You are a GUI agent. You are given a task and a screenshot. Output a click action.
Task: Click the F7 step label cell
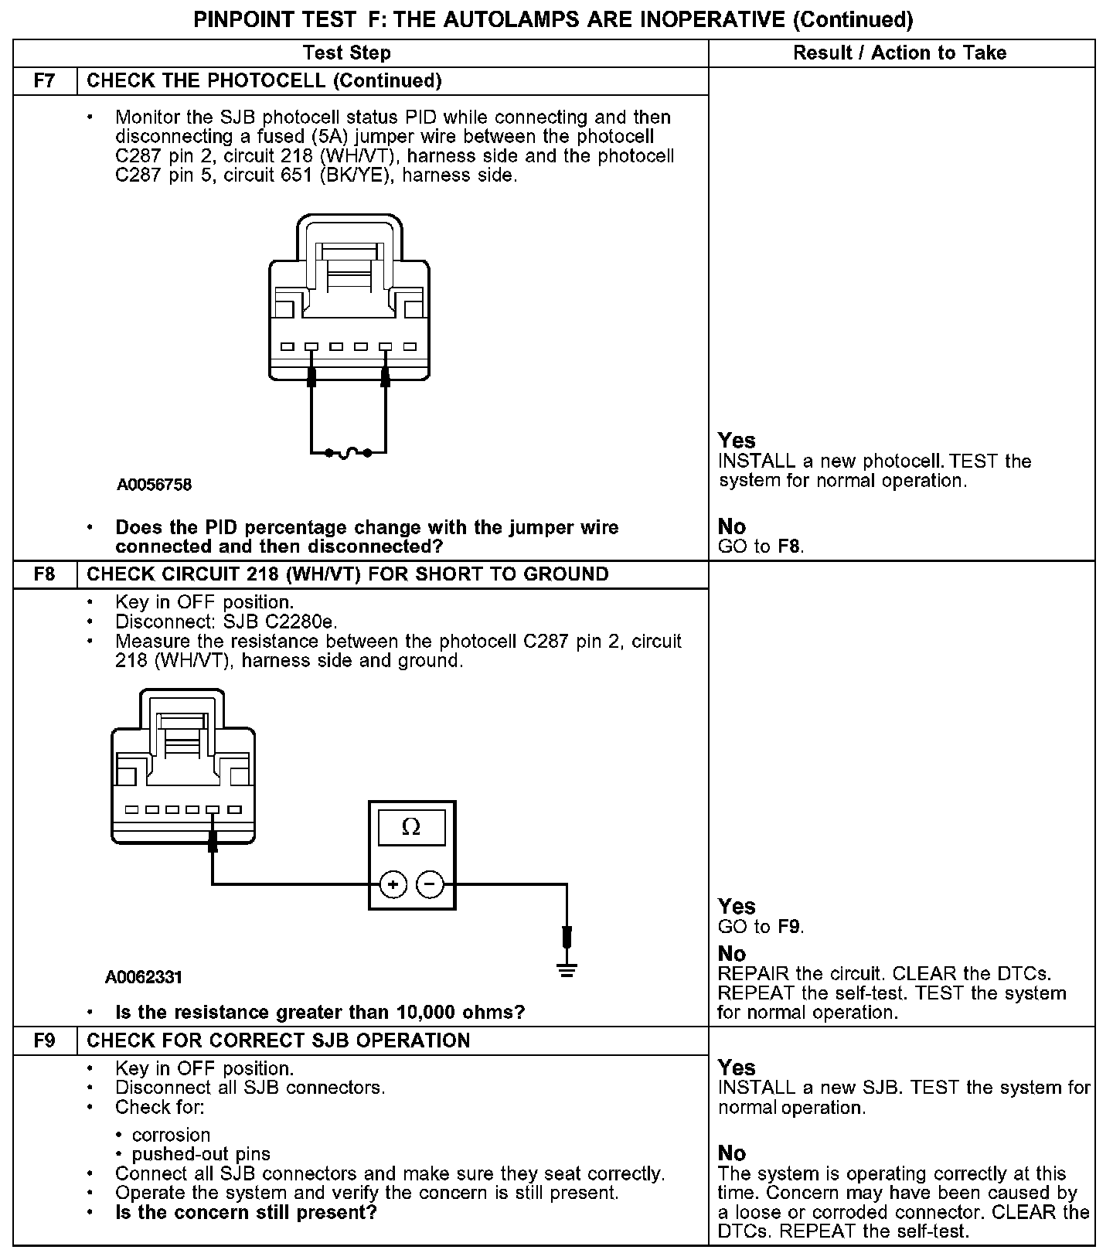tap(45, 81)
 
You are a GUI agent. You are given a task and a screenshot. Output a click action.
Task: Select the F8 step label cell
tap(45, 574)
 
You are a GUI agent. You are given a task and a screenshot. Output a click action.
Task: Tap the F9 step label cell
tap(45, 1040)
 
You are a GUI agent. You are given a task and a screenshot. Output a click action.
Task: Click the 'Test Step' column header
tap(346, 53)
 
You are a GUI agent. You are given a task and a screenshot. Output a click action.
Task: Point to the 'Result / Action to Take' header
tap(900, 53)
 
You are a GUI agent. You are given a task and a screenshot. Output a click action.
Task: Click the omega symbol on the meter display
tap(411, 828)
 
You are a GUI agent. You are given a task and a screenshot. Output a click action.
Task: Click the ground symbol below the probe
tap(567, 970)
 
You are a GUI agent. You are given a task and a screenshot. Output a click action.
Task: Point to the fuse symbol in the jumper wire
tap(348, 452)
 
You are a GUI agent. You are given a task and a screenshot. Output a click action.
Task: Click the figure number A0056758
tap(155, 485)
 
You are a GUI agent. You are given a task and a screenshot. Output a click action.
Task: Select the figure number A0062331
tap(144, 977)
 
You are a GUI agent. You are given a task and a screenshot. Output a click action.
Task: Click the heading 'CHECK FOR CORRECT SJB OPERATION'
tap(278, 1040)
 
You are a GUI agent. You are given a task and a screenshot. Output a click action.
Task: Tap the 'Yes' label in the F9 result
tap(737, 1068)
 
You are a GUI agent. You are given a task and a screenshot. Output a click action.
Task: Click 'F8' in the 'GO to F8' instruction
tap(789, 547)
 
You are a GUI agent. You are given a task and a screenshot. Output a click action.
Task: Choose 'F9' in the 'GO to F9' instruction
tap(789, 927)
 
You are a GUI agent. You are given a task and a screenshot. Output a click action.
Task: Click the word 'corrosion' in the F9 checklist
tap(171, 1135)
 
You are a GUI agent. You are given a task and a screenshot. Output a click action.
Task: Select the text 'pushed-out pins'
tap(201, 1154)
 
